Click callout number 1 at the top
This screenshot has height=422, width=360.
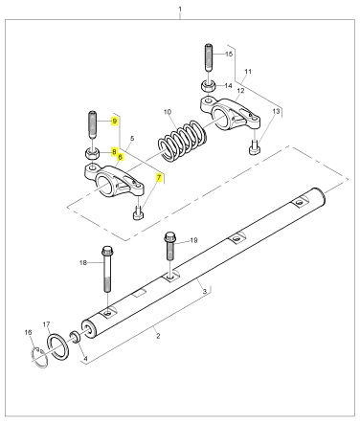180,9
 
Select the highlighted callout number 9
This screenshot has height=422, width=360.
114,122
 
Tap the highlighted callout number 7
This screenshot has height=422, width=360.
159,177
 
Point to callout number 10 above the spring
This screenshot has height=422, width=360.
168,112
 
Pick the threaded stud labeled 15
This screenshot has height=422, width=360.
209,57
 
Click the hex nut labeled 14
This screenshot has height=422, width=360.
209,85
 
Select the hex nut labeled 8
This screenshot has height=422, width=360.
93,154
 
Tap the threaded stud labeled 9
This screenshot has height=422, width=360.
92,124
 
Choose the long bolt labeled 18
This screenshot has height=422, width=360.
107,269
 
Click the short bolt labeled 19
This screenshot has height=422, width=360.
170,246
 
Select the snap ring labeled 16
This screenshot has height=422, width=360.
40,357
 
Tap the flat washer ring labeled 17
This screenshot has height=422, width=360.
57,346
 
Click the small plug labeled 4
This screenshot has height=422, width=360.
76,337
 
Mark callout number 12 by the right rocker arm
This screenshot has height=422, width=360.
240,91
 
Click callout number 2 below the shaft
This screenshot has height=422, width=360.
158,336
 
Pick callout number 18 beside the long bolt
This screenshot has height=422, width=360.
83,262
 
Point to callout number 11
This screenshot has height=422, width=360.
248,72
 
